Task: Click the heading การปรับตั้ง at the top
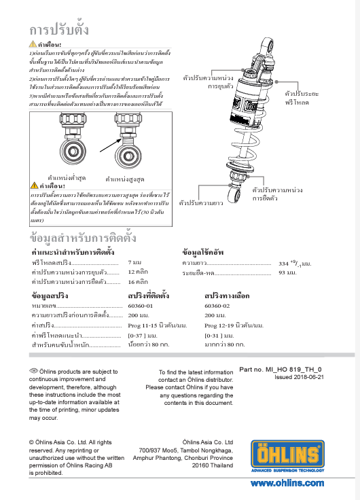[59, 29]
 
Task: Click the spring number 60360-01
[141, 306]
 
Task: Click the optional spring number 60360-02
[217, 306]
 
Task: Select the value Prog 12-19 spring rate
[234, 325]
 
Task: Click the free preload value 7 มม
[134, 262]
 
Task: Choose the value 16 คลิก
[138, 281]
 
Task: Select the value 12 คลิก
[138, 271]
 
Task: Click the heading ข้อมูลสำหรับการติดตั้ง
[84, 238]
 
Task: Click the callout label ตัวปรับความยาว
[202, 202]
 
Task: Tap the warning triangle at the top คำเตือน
[33, 43]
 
